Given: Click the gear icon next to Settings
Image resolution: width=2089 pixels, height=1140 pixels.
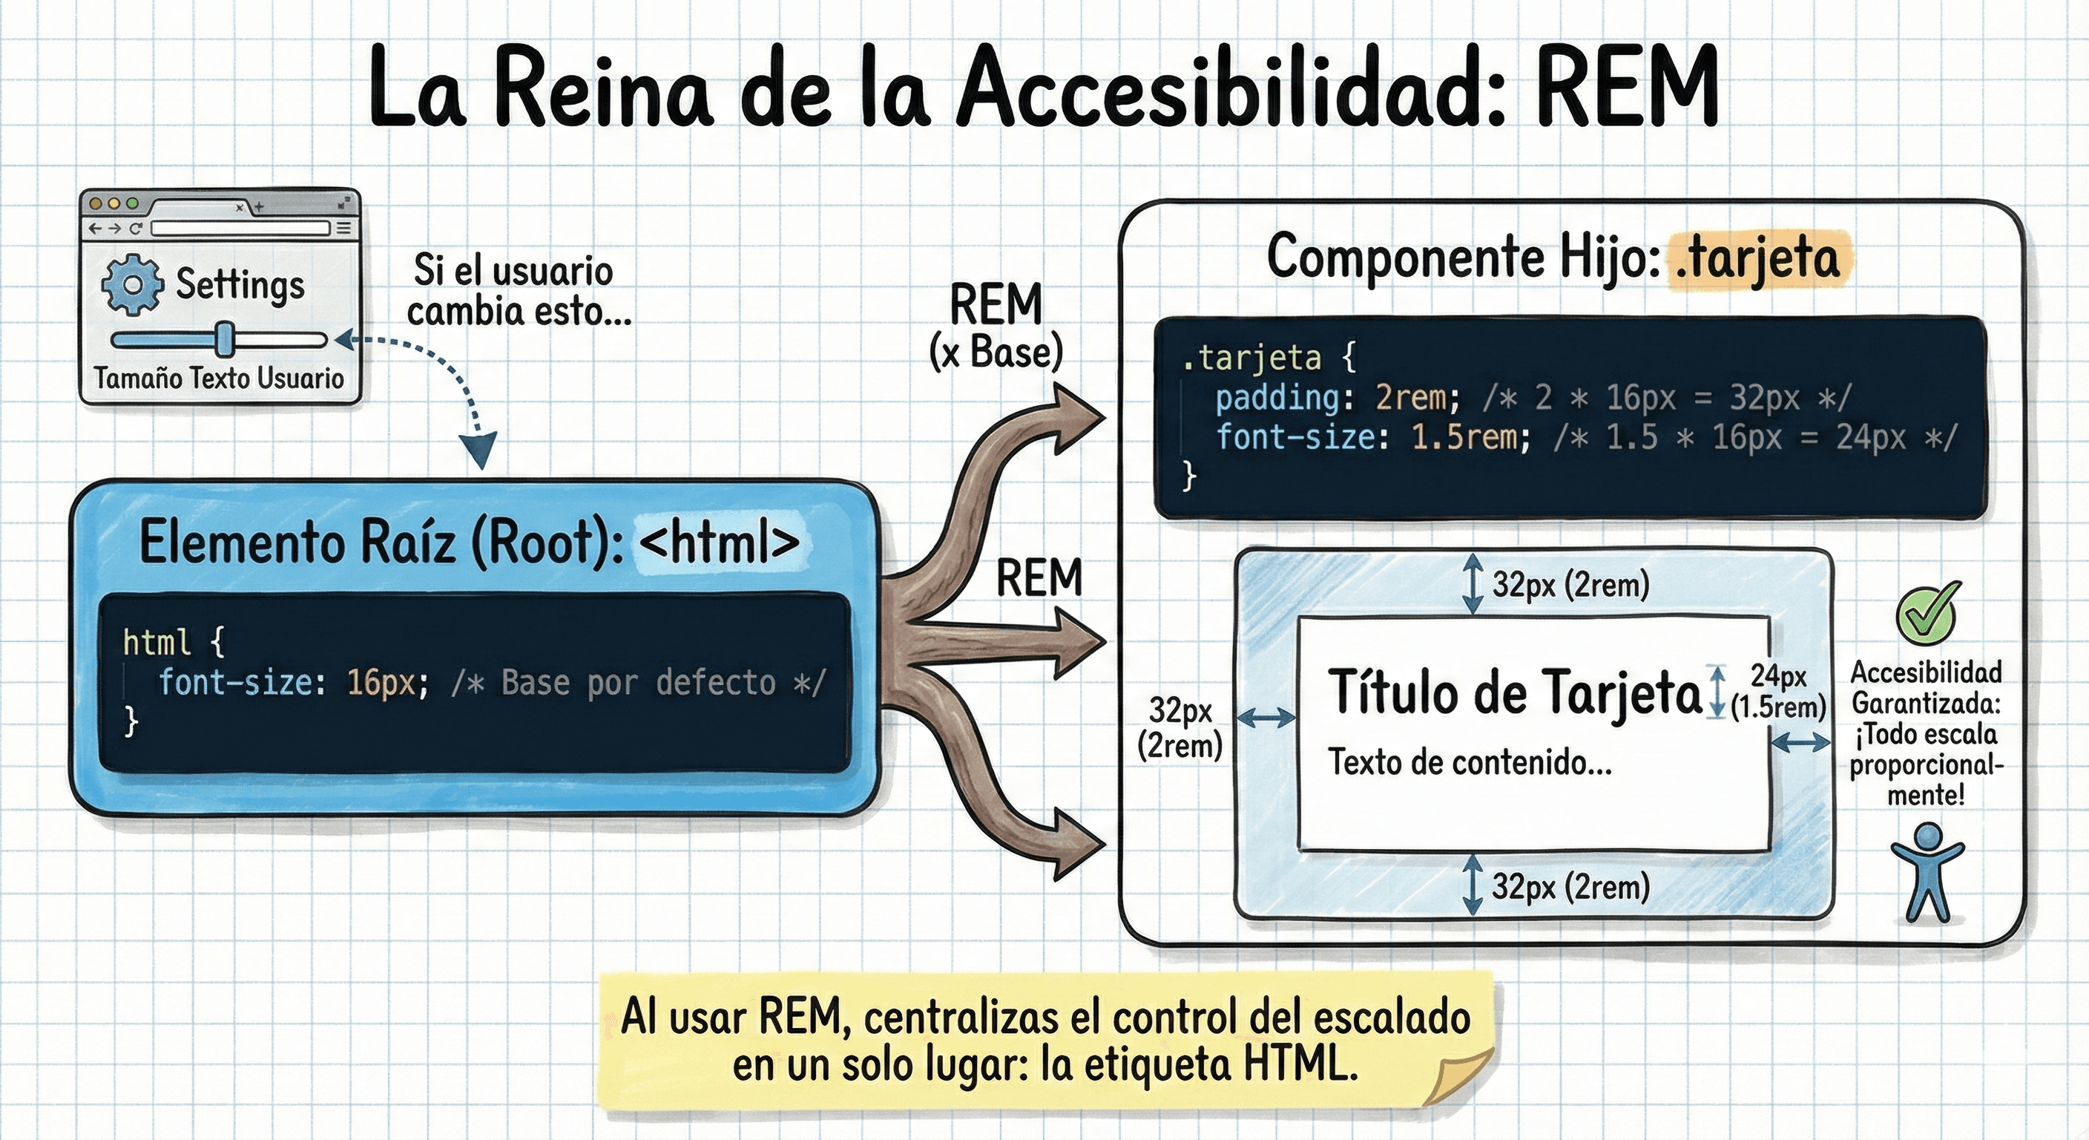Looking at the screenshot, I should (x=131, y=284).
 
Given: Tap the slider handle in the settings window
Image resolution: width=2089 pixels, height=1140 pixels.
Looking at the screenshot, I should (x=225, y=339).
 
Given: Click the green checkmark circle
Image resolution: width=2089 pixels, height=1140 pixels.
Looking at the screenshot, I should (x=1926, y=615).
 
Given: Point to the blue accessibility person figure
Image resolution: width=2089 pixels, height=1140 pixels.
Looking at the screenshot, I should (x=1927, y=872).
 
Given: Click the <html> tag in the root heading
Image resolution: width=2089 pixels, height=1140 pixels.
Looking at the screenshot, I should (x=719, y=542).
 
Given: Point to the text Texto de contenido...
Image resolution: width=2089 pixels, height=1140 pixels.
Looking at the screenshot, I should (x=1468, y=762).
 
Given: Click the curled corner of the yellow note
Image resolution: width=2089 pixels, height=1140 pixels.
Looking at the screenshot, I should (x=1460, y=1075).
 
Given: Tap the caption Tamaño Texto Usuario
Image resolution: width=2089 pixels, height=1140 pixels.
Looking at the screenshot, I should (x=218, y=378).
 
